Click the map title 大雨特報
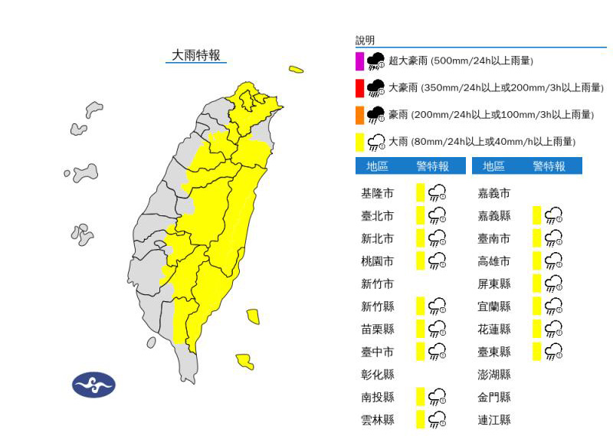pos(196,55)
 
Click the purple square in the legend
pos(359,61)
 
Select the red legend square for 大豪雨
pos(359,88)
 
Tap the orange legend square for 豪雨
pos(359,115)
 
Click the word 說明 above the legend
pos(366,41)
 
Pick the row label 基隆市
pos(377,193)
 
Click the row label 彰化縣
pos(377,375)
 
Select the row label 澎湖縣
pos(493,375)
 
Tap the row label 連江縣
pos(493,420)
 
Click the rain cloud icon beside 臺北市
pos(438,216)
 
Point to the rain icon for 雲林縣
pos(438,420)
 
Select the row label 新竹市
pos(377,284)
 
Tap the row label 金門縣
pos(493,397)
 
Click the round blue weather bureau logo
pos(93,385)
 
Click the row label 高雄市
pos(493,261)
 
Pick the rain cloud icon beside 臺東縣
pos(553,352)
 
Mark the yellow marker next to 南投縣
pos(420,397)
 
